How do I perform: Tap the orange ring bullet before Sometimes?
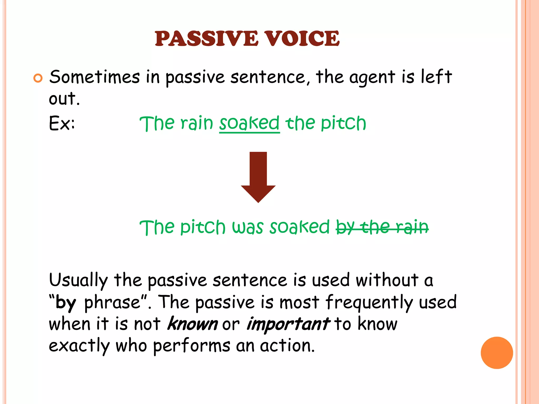pyautogui.click(x=38, y=78)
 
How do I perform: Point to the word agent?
pyautogui.click(x=372, y=78)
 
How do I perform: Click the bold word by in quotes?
pyautogui.click(x=66, y=303)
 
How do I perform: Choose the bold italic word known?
pyautogui.click(x=193, y=324)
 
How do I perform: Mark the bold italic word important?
pyautogui.click(x=288, y=324)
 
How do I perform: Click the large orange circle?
pyautogui.click(x=497, y=353)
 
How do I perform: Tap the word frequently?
pyautogui.click(x=369, y=303)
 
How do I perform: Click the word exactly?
pyautogui.click(x=79, y=346)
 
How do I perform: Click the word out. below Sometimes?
pyautogui.click(x=64, y=99)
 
